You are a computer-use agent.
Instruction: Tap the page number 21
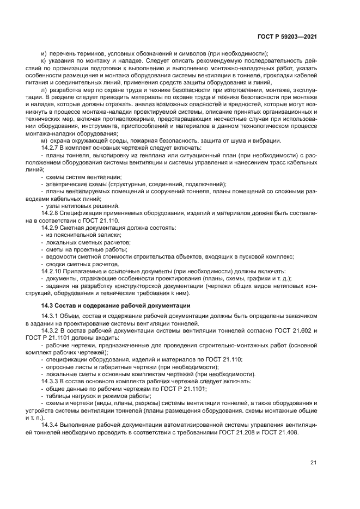point(313,463)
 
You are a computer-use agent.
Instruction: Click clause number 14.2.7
point(51,148)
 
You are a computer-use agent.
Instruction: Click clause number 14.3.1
point(51,316)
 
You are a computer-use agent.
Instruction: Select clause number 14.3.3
point(51,381)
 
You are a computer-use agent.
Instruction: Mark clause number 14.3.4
point(51,425)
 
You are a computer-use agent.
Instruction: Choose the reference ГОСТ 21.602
point(288,330)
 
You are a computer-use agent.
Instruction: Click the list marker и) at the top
point(44,53)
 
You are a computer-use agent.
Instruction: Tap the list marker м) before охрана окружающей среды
point(45,141)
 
